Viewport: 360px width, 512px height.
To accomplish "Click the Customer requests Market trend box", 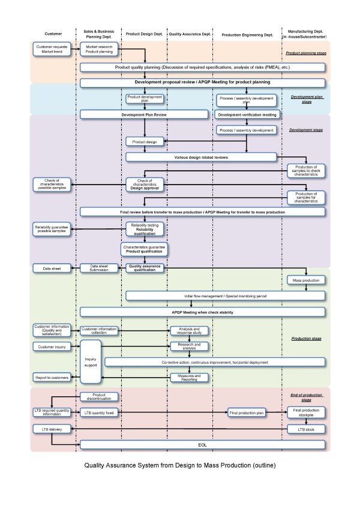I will [52, 49].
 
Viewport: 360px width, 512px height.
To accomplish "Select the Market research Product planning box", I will [99, 49].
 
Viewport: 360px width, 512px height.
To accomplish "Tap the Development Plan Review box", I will [144, 114].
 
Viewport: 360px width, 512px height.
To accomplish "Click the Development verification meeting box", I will [247, 114].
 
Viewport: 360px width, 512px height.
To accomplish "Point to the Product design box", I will [144, 141].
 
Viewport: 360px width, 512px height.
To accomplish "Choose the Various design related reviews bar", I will [201, 157].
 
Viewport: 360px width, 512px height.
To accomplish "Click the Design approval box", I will [144, 184].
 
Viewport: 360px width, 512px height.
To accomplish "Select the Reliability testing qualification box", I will [144, 229].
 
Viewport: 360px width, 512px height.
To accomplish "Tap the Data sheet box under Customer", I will [52, 268].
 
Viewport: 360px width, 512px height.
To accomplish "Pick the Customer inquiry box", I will [52, 347].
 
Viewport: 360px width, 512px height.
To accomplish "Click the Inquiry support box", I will [100, 362].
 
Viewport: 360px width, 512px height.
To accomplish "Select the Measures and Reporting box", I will [188, 377].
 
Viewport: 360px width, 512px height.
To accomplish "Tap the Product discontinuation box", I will [99, 396].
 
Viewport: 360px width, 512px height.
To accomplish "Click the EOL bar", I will [202, 445].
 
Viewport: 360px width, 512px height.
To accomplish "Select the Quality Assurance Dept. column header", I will [188, 34].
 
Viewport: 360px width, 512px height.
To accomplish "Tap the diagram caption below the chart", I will [180, 465].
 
